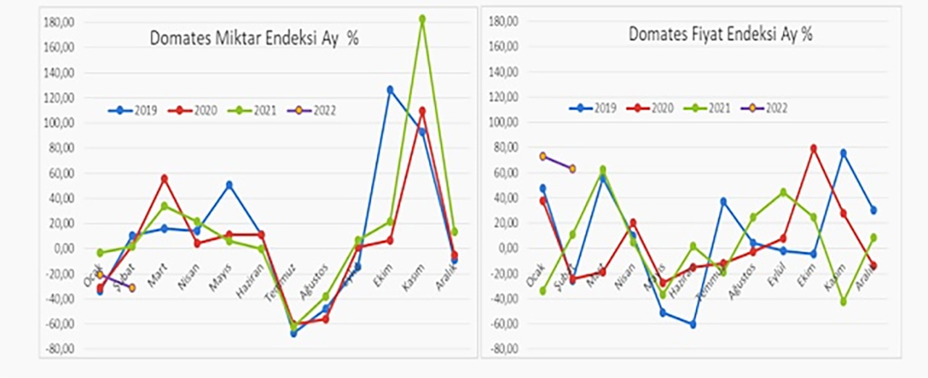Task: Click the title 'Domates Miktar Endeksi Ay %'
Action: (x=254, y=38)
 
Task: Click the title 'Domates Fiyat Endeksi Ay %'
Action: (x=720, y=34)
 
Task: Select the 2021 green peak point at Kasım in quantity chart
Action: (x=422, y=19)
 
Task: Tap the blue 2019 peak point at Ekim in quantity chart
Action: (x=390, y=90)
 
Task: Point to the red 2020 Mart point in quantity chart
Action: (x=165, y=178)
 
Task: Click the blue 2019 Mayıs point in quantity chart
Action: (x=229, y=185)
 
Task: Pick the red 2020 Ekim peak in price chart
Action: (x=813, y=148)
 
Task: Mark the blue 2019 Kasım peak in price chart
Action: (x=844, y=153)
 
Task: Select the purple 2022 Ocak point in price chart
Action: (x=542, y=156)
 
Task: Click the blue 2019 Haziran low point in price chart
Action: (x=692, y=324)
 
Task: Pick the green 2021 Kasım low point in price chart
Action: (x=844, y=301)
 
